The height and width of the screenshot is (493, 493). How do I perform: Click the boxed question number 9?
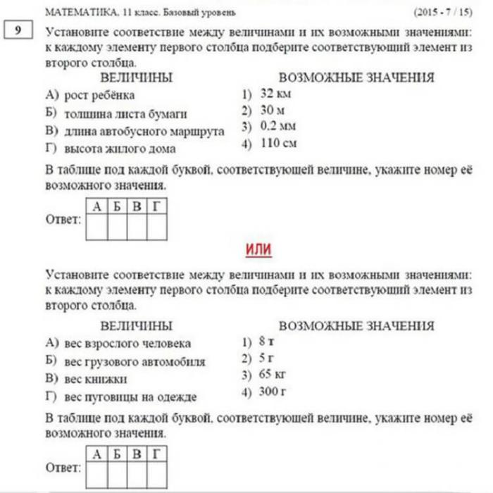[x=15, y=32]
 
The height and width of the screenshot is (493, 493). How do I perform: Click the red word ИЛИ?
[x=258, y=249]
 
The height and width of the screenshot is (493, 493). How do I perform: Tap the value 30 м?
[x=272, y=111]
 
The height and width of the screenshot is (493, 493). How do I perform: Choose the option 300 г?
[x=271, y=391]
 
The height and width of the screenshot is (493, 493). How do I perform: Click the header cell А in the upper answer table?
[x=96, y=206]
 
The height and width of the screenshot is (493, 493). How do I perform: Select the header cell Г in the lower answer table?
[x=156, y=453]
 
